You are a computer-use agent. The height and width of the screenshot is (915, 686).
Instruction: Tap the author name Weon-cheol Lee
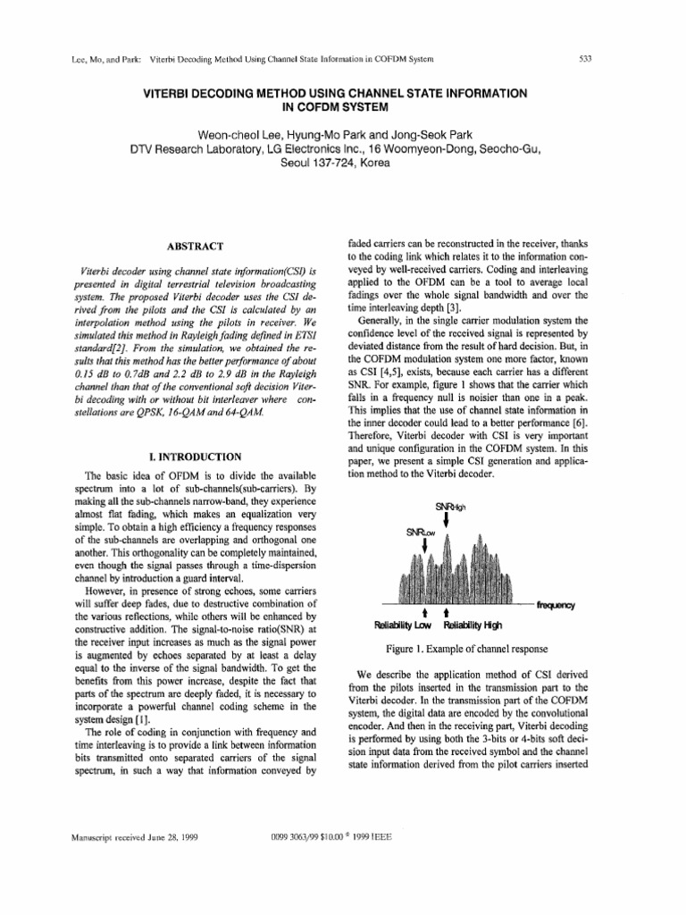point(239,134)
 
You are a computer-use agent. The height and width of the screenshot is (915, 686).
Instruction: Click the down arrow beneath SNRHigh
point(446,522)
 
